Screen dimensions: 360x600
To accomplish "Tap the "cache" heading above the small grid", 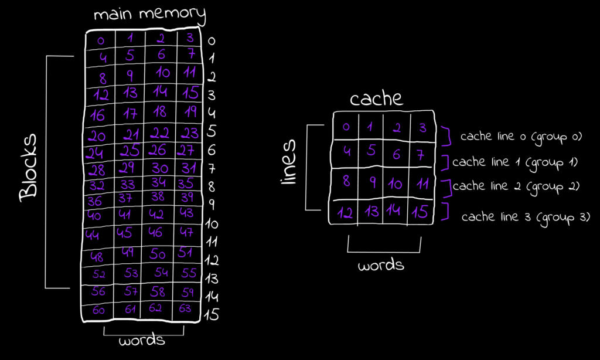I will (376, 98).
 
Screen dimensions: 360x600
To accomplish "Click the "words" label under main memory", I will (142, 340).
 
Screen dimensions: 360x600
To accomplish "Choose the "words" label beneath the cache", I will (381, 264).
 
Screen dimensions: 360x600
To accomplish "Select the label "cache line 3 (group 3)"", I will (526, 217).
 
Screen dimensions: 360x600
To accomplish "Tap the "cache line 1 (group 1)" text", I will (515, 162).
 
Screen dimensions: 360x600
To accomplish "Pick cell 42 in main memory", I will (157, 213).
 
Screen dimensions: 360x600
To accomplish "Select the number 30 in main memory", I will (159, 168).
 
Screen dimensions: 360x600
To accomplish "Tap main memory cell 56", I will (98, 291).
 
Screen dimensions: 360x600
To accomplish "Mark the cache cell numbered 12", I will (346, 212).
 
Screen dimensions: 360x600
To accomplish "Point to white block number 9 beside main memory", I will (212, 205).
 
